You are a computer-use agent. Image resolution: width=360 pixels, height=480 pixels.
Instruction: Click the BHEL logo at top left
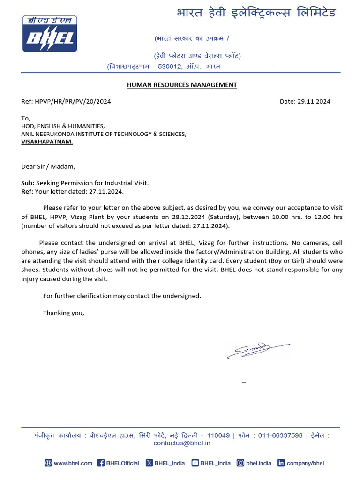tap(50, 34)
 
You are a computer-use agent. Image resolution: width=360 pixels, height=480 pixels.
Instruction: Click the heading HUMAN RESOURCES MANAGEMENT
tap(182, 85)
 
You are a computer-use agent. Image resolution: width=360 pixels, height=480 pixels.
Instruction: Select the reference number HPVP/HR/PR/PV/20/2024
tap(73, 101)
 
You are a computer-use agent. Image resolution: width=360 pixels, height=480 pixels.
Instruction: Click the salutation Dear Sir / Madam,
tap(48, 166)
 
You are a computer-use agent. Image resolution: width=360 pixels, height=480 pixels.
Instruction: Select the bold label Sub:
tap(28, 183)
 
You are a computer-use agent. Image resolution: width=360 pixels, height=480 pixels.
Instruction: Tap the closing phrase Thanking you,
tap(64, 313)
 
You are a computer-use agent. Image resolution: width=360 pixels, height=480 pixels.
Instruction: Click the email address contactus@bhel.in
tap(182, 443)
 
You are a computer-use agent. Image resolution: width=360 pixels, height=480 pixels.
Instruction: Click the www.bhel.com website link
tap(68, 463)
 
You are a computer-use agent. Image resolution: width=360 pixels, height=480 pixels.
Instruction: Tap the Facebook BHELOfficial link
tap(118, 463)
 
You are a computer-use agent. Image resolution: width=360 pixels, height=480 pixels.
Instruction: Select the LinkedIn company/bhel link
tap(300, 463)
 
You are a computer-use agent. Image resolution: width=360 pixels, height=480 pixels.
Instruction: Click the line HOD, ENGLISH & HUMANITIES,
tap(63, 126)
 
